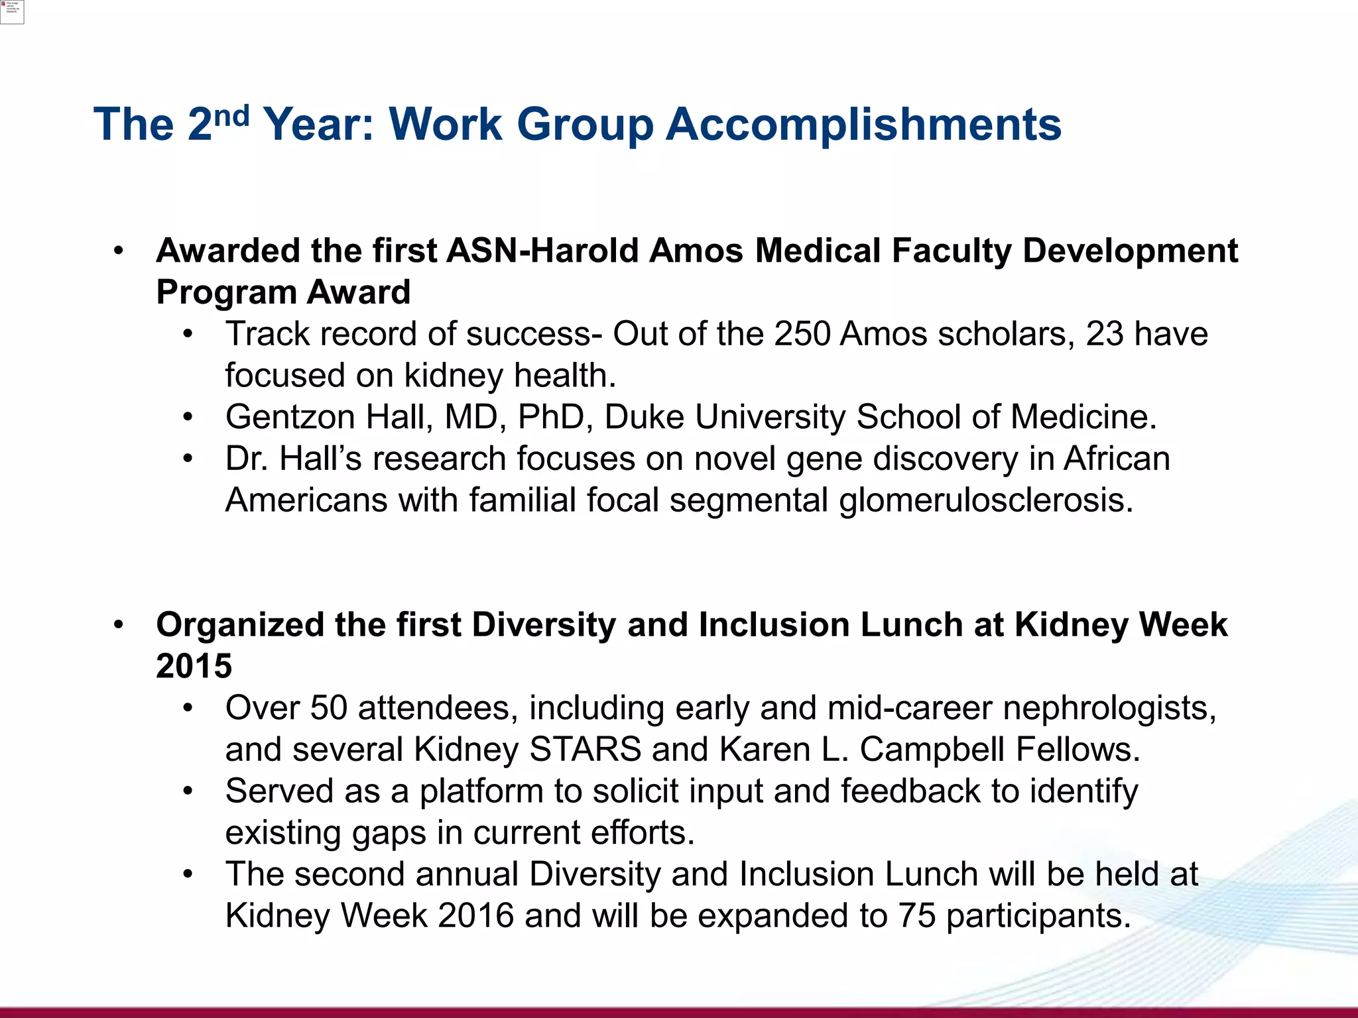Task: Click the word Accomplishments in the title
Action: [x=863, y=125]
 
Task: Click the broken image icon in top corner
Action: [x=12, y=11]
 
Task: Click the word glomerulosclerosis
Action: [x=986, y=500]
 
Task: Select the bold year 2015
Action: [x=194, y=666]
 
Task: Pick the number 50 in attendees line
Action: [x=328, y=708]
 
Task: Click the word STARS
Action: [x=585, y=750]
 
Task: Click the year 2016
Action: [x=475, y=916]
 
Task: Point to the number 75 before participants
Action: [x=917, y=916]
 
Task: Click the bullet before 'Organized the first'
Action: [x=119, y=625]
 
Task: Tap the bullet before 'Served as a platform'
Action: [x=188, y=791]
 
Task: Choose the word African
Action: [x=1117, y=459]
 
